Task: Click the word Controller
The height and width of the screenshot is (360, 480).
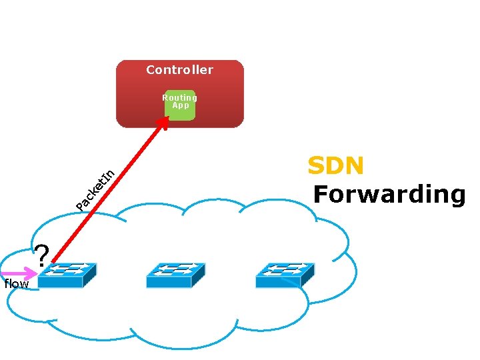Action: pyautogui.click(x=179, y=70)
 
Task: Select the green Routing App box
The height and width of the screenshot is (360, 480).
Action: pyautogui.click(x=180, y=105)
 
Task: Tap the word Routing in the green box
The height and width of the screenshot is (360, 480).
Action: pyautogui.click(x=180, y=97)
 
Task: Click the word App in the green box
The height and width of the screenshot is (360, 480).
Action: pyautogui.click(x=181, y=105)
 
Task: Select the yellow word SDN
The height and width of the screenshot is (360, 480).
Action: pyautogui.click(x=335, y=165)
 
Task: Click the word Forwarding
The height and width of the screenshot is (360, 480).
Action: pyautogui.click(x=389, y=194)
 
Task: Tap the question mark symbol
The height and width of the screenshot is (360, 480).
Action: pyautogui.click(x=42, y=255)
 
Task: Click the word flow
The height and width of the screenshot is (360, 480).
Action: pyautogui.click(x=16, y=284)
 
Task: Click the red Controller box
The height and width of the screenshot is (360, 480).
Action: pyautogui.click(x=133, y=100)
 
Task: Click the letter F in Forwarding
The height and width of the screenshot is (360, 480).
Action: pyautogui.click(x=321, y=194)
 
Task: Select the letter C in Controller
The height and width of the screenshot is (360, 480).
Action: pyautogui.click(x=151, y=70)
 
